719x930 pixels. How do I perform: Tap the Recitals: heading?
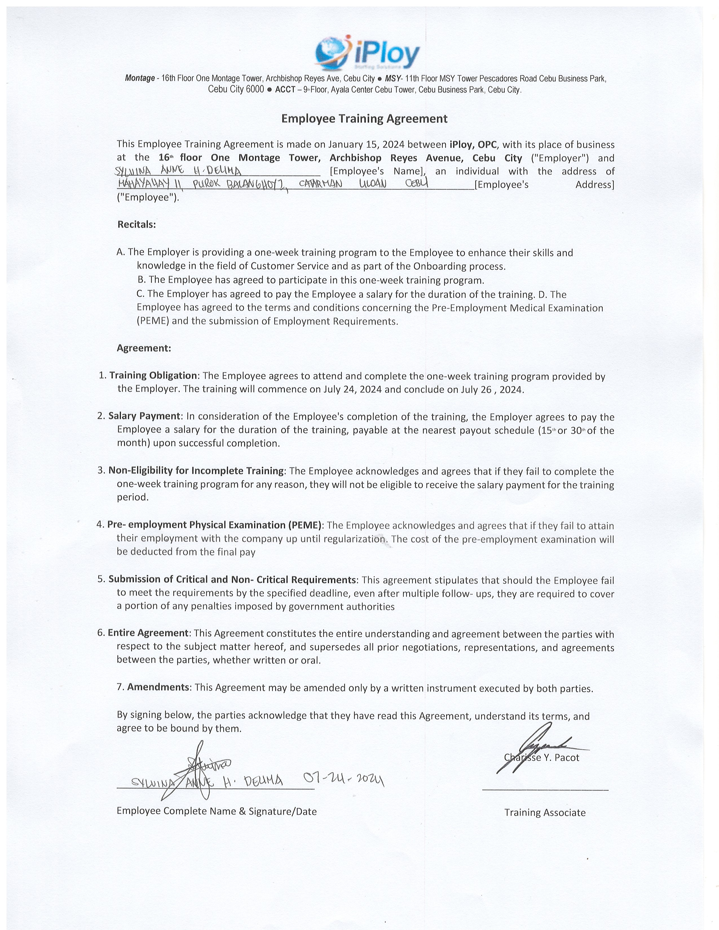click(x=136, y=224)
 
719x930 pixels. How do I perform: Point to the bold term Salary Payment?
click(x=144, y=416)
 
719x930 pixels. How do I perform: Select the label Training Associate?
click(x=545, y=812)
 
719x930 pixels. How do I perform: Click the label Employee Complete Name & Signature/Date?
click(x=216, y=811)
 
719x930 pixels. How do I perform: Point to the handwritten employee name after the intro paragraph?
click(x=178, y=171)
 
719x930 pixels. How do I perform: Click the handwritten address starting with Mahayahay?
click(x=273, y=184)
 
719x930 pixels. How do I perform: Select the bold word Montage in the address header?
click(x=140, y=78)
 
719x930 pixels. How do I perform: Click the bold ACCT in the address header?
click(x=285, y=90)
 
